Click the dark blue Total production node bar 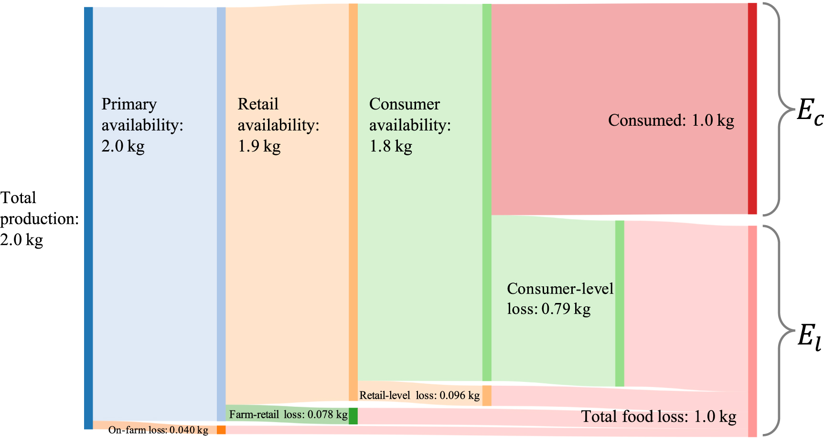(88, 218)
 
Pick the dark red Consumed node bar (752, 108)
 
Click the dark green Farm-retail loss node (353, 416)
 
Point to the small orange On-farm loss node (221, 430)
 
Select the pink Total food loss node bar (752, 331)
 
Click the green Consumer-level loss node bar (620, 303)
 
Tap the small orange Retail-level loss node (487, 396)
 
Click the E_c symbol (810, 112)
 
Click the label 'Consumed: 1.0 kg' (671, 120)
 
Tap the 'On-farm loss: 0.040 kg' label (158, 430)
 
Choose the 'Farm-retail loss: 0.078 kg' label (288, 414)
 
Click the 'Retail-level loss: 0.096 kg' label (419, 395)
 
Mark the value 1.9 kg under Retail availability (259, 146)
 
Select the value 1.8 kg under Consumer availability (391, 146)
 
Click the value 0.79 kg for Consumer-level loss (566, 309)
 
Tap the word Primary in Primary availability (129, 104)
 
